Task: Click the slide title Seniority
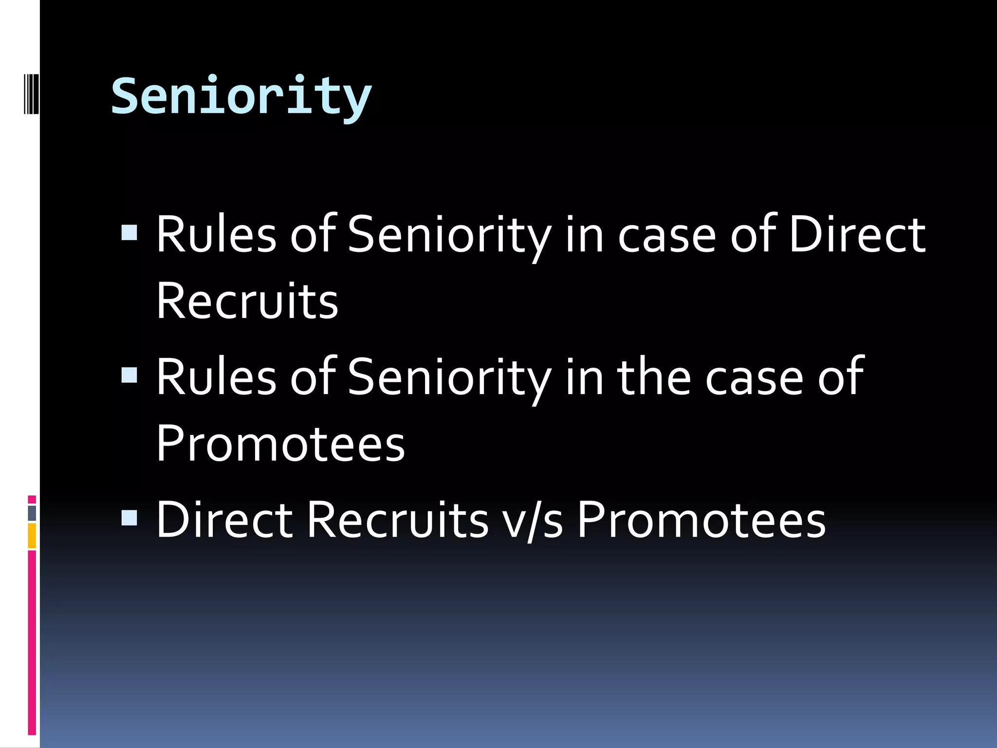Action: point(241,96)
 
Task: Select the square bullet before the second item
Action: point(129,374)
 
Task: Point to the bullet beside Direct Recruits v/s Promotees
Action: point(129,518)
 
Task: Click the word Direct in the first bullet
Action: point(857,235)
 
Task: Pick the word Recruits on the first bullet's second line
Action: point(247,301)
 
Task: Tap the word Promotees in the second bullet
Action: point(280,443)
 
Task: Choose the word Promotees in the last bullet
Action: point(702,520)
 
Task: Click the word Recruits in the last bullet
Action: point(397,520)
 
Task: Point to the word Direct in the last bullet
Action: point(224,520)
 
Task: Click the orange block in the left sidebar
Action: point(32,536)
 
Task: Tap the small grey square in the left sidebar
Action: point(32,513)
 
